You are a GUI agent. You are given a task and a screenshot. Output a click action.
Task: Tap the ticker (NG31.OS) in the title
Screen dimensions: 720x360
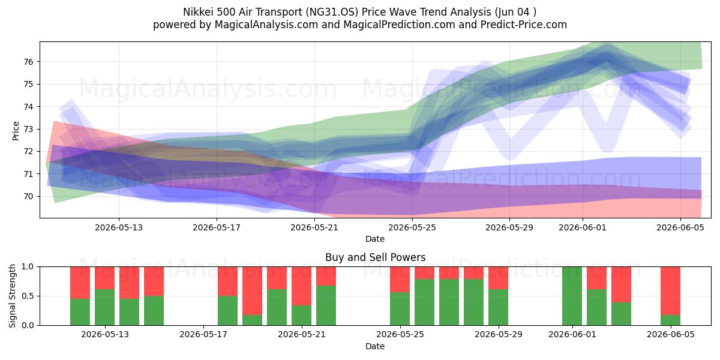point(332,12)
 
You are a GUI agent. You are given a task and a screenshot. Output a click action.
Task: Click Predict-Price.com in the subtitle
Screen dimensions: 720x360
point(524,25)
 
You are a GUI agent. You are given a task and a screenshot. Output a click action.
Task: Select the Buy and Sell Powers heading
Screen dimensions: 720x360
point(375,257)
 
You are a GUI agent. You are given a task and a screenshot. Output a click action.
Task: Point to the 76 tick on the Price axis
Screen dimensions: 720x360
point(29,62)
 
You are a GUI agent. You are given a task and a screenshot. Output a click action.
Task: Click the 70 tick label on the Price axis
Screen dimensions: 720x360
point(29,196)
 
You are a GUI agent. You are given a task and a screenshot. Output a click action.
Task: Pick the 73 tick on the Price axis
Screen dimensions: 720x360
point(29,129)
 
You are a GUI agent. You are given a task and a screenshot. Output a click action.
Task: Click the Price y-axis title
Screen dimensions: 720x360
point(16,131)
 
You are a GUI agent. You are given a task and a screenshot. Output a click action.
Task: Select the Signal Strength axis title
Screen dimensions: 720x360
point(12,296)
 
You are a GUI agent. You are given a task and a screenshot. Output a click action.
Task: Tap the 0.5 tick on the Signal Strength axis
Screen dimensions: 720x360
point(28,296)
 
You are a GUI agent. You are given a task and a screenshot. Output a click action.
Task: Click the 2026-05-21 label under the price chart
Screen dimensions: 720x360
point(314,227)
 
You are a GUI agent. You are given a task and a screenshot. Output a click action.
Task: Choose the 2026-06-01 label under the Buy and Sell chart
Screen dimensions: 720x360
point(572,335)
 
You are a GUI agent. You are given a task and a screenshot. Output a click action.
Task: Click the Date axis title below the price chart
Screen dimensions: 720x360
point(375,239)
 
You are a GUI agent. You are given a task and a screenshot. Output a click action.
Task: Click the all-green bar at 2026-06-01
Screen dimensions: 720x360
point(572,296)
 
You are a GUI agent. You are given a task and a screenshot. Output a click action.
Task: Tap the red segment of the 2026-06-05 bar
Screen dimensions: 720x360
point(671,291)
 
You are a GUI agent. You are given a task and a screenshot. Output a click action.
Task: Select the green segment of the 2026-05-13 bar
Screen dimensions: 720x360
point(105,307)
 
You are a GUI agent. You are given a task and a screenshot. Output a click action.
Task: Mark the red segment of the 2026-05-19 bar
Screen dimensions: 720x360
point(253,291)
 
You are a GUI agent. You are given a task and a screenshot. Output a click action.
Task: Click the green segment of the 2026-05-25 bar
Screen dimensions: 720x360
point(400,308)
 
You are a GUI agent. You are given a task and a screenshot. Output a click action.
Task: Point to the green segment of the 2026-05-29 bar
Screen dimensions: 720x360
point(498,307)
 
